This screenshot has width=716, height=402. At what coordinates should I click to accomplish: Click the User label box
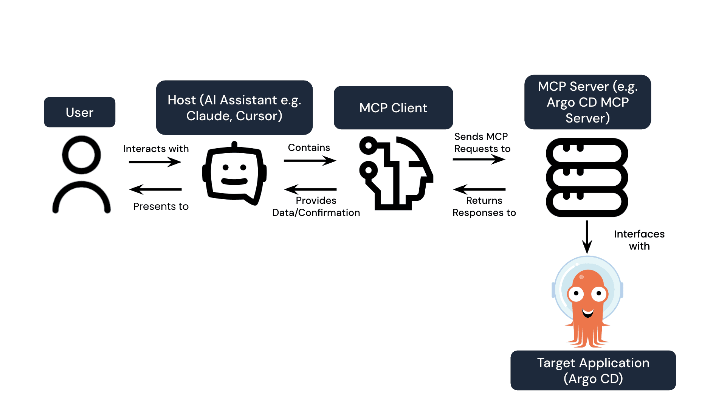(x=79, y=112)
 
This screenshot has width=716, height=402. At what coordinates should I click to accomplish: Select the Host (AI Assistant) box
(x=234, y=108)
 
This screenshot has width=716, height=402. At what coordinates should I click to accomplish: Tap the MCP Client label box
(x=393, y=108)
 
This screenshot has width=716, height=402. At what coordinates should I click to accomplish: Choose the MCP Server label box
(x=587, y=102)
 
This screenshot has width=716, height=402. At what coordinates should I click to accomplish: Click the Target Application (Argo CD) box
(x=593, y=370)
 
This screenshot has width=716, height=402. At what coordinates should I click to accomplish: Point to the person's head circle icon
(x=81, y=155)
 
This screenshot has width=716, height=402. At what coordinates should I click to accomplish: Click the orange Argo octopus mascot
(x=587, y=303)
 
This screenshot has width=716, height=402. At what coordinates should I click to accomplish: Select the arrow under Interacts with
(x=155, y=162)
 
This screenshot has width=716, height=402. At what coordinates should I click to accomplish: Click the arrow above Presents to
(x=155, y=189)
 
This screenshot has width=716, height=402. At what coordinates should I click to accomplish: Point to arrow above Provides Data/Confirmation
(x=310, y=189)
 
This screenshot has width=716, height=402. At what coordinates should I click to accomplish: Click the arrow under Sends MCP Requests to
(x=479, y=159)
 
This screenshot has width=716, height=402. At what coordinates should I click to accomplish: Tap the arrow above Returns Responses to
(x=479, y=189)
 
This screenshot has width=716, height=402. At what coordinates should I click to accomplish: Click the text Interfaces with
(x=639, y=240)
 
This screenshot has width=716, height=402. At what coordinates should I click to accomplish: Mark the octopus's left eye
(x=576, y=294)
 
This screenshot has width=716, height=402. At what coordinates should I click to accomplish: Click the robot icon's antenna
(x=234, y=145)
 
